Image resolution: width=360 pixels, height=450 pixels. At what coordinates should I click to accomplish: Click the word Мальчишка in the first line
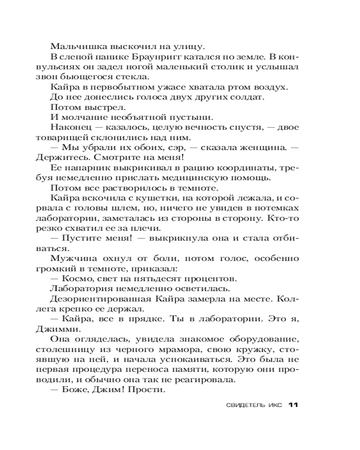(74, 46)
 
